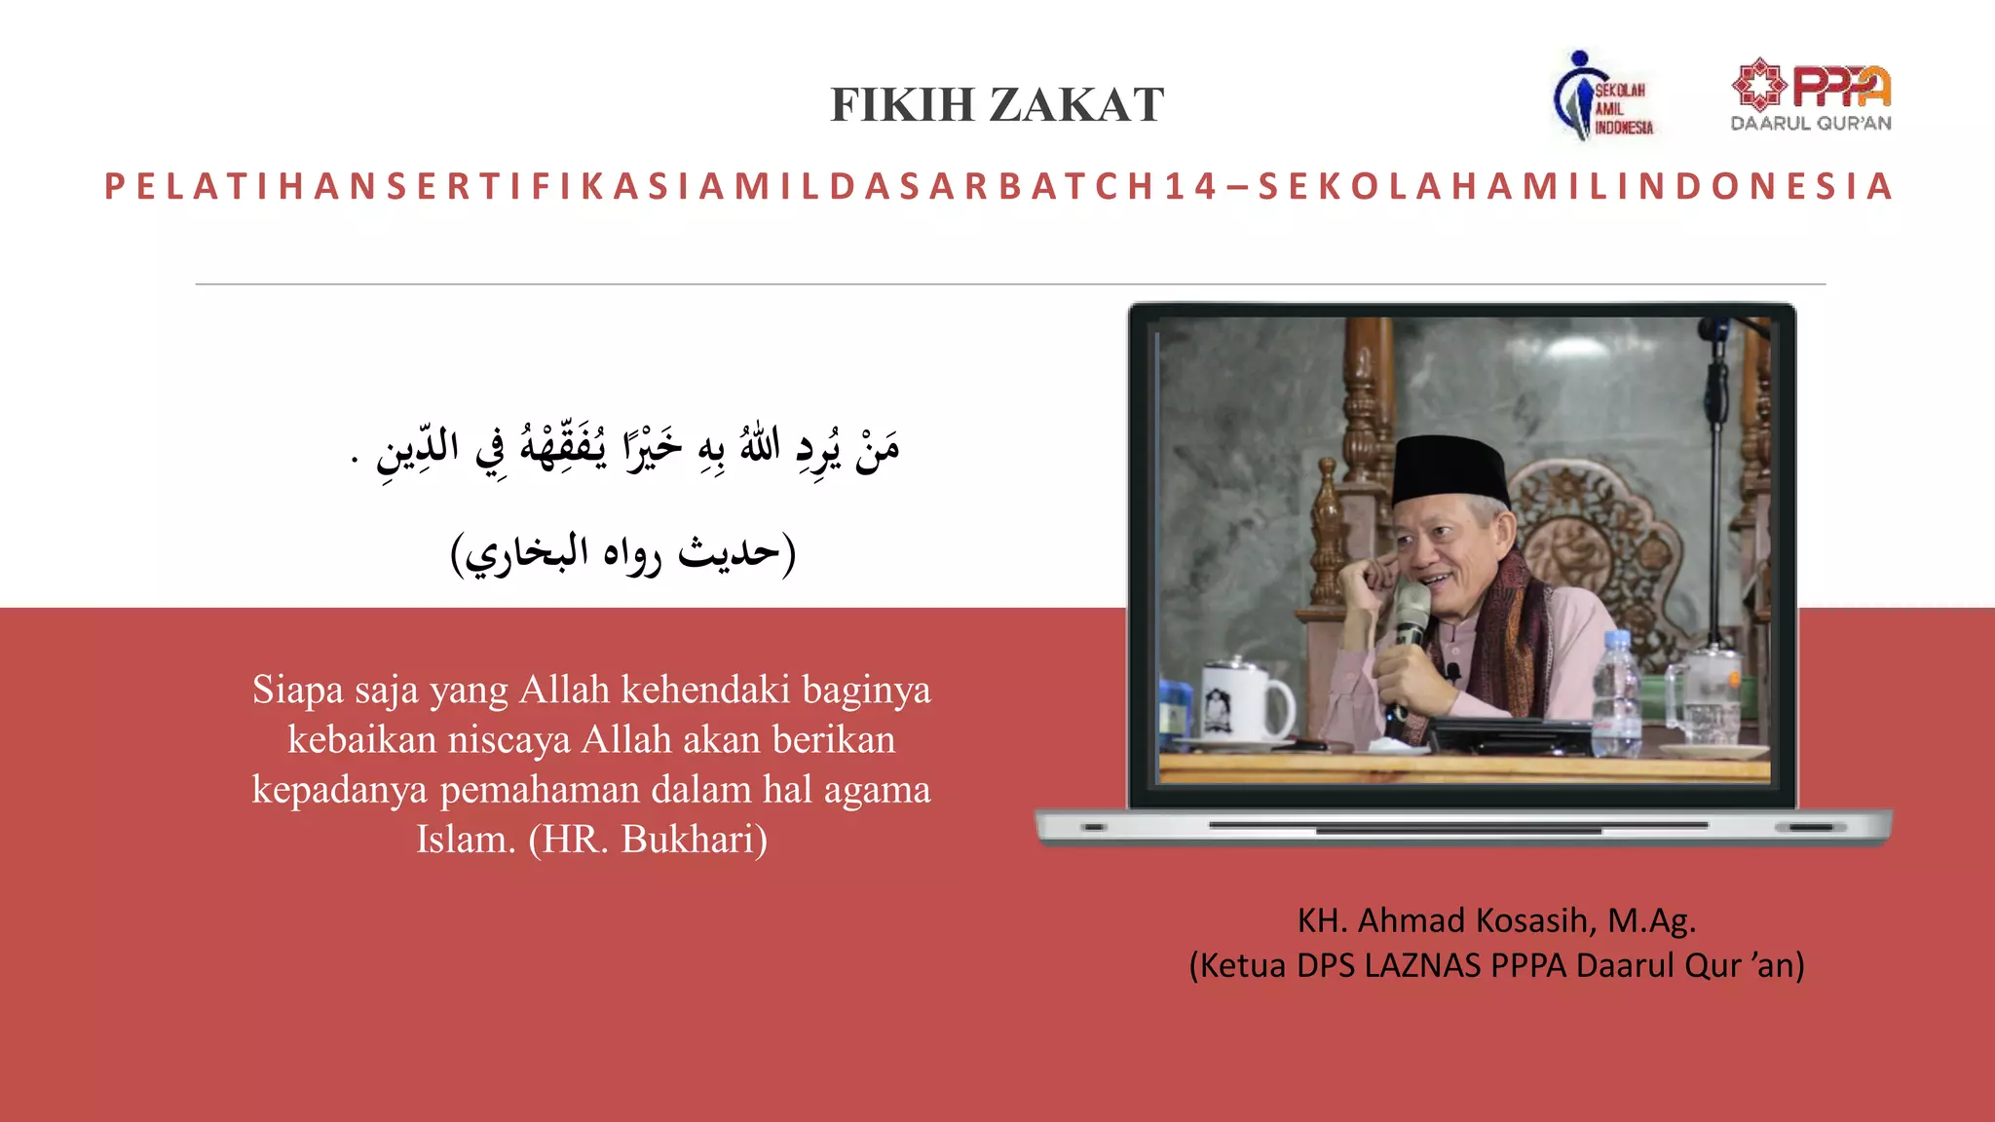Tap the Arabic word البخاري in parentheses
click(527, 553)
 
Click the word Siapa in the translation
click(298, 690)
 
